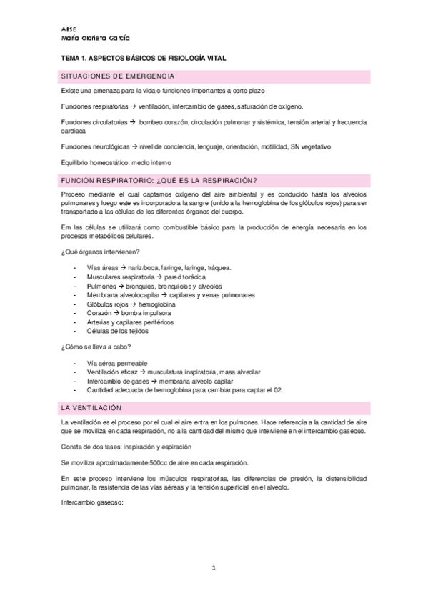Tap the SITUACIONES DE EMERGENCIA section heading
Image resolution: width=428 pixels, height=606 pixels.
click(x=118, y=76)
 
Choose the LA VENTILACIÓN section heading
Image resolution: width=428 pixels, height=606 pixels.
click(x=92, y=407)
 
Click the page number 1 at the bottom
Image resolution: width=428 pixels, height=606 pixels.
click(x=213, y=567)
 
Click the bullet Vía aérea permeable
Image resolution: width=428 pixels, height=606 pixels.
click(x=117, y=363)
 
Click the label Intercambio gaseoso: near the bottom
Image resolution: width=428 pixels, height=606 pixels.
click(x=94, y=500)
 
